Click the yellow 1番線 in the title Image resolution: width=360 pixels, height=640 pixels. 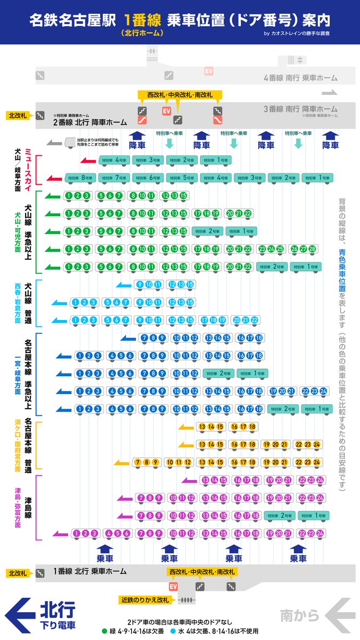[142, 20]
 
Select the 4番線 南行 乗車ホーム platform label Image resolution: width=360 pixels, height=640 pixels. [300, 78]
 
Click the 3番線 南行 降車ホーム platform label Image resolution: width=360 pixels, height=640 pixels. [300, 109]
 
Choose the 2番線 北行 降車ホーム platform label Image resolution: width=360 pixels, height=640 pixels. [90, 122]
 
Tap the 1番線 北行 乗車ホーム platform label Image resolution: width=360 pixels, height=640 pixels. [90, 571]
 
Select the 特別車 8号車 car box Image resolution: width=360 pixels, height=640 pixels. [81, 178]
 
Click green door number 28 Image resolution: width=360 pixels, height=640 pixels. [312, 249]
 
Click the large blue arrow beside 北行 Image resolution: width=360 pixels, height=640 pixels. [20, 615]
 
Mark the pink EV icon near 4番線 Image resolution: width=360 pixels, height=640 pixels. [209, 71]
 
